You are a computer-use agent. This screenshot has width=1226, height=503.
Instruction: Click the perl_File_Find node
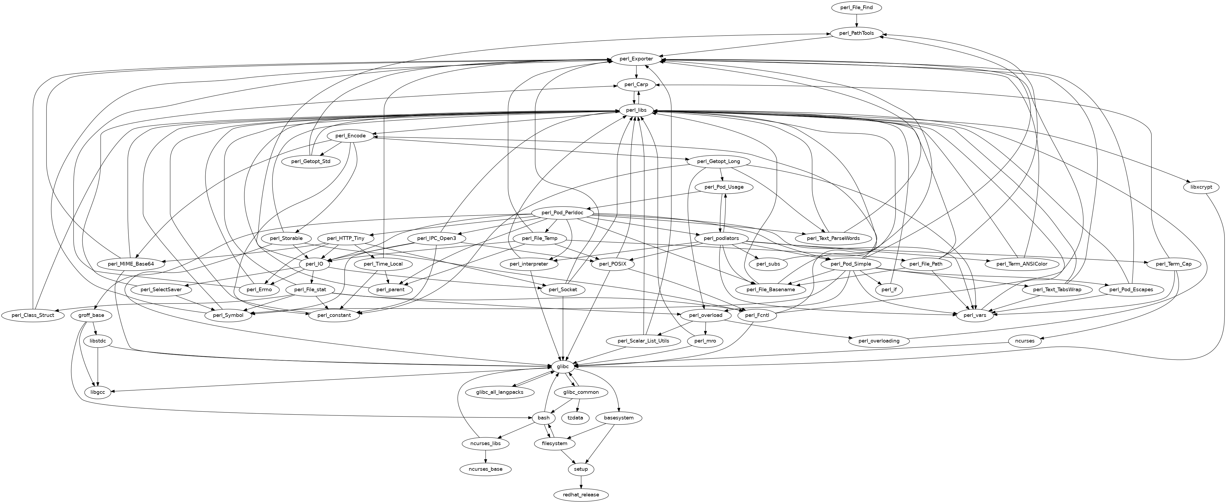point(857,7)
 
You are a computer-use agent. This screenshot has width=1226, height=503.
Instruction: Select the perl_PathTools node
point(857,33)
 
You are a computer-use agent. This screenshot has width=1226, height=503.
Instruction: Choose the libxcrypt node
point(1201,187)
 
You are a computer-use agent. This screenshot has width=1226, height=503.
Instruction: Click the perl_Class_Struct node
point(32,315)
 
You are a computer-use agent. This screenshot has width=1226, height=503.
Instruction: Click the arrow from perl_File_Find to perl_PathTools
point(857,21)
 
